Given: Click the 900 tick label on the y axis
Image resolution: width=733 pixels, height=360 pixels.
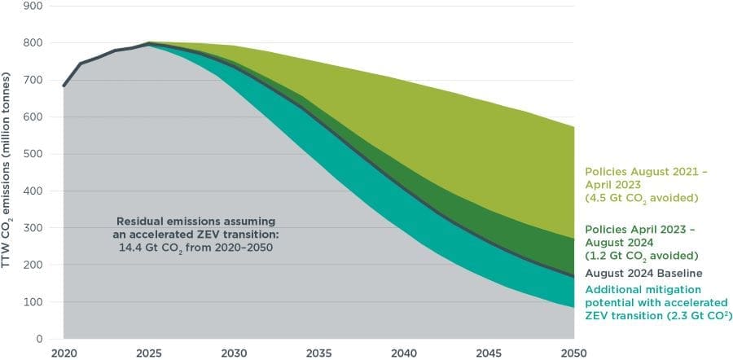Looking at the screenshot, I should tap(33, 6).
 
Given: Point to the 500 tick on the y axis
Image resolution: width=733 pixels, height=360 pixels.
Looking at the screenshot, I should tap(33, 154).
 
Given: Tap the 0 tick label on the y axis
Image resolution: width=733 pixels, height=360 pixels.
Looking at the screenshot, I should tap(40, 339).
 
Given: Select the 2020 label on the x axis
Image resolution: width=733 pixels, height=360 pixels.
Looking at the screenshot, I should tap(63, 353).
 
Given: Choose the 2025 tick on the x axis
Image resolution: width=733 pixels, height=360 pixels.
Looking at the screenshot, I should tap(148, 353).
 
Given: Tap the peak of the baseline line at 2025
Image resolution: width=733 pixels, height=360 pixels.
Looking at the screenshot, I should tap(148, 43).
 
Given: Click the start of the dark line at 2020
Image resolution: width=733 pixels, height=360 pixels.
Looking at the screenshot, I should tap(64, 86).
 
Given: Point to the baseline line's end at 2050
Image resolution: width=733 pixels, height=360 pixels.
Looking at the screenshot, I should tap(572, 277).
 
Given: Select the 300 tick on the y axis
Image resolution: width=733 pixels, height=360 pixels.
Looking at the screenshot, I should tap(33, 228).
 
